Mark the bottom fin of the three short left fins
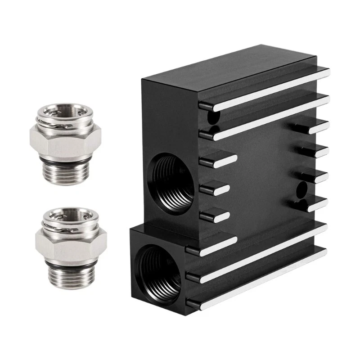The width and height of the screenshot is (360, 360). click(x=215, y=216)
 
